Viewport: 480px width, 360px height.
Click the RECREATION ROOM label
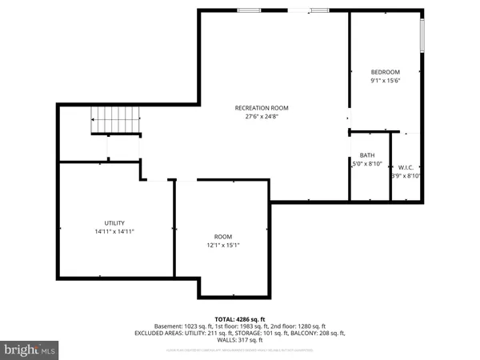point(262,108)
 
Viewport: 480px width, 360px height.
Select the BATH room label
point(367,155)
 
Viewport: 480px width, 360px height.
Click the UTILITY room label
point(114,223)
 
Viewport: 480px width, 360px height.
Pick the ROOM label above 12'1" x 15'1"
point(223,237)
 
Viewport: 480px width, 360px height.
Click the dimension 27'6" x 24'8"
point(262,117)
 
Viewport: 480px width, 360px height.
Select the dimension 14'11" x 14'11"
point(114,232)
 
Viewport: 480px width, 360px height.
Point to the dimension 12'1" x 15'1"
point(223,246)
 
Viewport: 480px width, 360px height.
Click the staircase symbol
point(115,122)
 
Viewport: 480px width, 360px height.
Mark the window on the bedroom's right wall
point(422,35)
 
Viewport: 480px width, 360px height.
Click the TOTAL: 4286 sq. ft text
point(240,319)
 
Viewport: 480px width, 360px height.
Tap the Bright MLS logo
point(30,350)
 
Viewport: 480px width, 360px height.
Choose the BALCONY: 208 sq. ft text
point(316,332)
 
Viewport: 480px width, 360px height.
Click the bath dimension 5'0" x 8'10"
point(367,164)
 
